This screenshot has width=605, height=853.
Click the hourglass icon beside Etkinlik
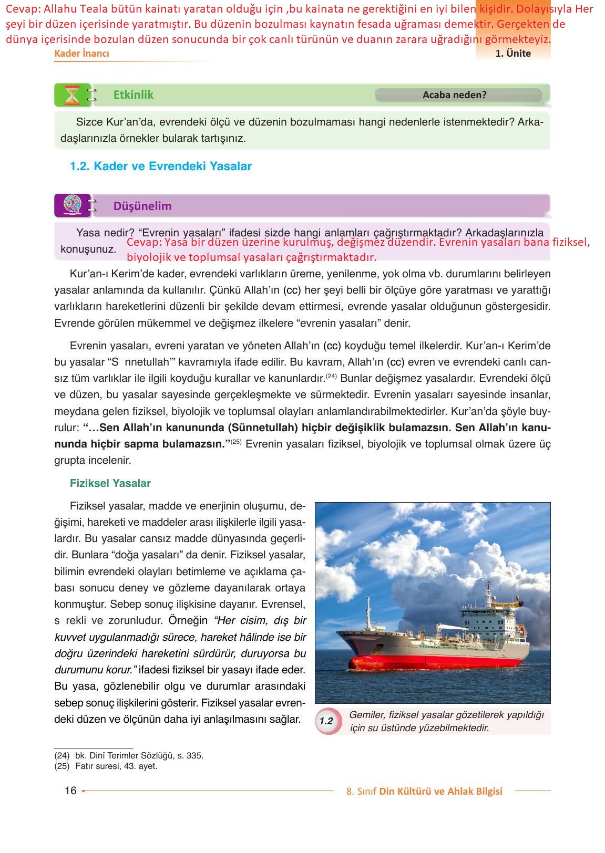pos(72,95)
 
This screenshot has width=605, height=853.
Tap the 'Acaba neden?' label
pos(454,95)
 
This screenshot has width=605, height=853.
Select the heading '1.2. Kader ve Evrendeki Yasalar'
pos(160,167)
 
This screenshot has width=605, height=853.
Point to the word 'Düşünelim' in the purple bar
pos(142,206)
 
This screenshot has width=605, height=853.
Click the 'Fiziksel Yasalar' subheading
pos(110,483)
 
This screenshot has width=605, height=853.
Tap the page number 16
pos(70,790)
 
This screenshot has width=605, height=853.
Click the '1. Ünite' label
pos(513,53)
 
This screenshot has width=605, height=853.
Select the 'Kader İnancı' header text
pos(82,54)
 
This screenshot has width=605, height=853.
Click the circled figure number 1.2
pos(326,721)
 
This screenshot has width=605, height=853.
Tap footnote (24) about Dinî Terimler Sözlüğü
pos(129,755)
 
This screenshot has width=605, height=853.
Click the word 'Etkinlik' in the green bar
pos(134,95)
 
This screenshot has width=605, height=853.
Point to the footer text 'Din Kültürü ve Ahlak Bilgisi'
pos(440,791)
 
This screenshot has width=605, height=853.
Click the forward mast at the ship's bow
pos(368,612)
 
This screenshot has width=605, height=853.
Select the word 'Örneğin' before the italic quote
pos(188,620)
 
